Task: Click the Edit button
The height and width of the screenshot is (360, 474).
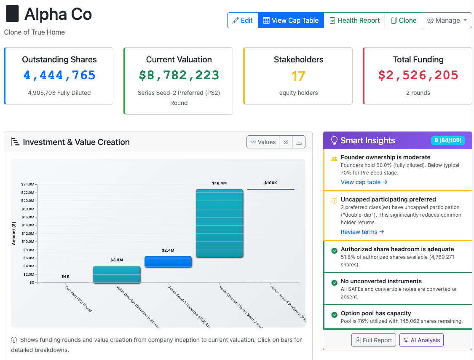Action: click(x=242, y=20)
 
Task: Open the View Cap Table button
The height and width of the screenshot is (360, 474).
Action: click(x=291, y=20)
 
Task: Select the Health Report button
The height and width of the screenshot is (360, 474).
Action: click(x=354, y=20)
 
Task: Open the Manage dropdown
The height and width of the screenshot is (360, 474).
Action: click(x=447, y=20)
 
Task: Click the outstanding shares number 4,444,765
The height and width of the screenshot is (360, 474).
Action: click(x=59, y=75)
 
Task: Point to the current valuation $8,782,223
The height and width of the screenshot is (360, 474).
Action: click(x=179, y=75)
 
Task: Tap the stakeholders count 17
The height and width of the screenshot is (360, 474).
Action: click(x=298, y=76)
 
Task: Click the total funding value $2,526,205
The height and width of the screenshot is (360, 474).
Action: click(x=418, y=75)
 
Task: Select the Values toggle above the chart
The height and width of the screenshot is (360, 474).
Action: click(x=263, y=142)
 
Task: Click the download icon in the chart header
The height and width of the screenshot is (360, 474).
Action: click(x=299, y=142)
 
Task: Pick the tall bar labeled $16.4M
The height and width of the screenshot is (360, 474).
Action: click(x=220, y=223)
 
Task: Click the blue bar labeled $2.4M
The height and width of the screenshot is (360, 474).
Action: click(x=168, y=262)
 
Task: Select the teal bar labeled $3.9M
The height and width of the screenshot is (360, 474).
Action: click(x=117, y=274)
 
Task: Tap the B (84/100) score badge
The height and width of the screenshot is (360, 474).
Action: click(x=448, y=140)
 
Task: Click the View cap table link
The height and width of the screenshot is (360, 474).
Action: click(x=364, y=182)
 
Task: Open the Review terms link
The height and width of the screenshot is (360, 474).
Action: click(x=362, y=232)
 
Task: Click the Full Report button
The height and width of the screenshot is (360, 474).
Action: click(x=374, y=340)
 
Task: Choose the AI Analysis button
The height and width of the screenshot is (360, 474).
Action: click(x=421, y=340)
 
